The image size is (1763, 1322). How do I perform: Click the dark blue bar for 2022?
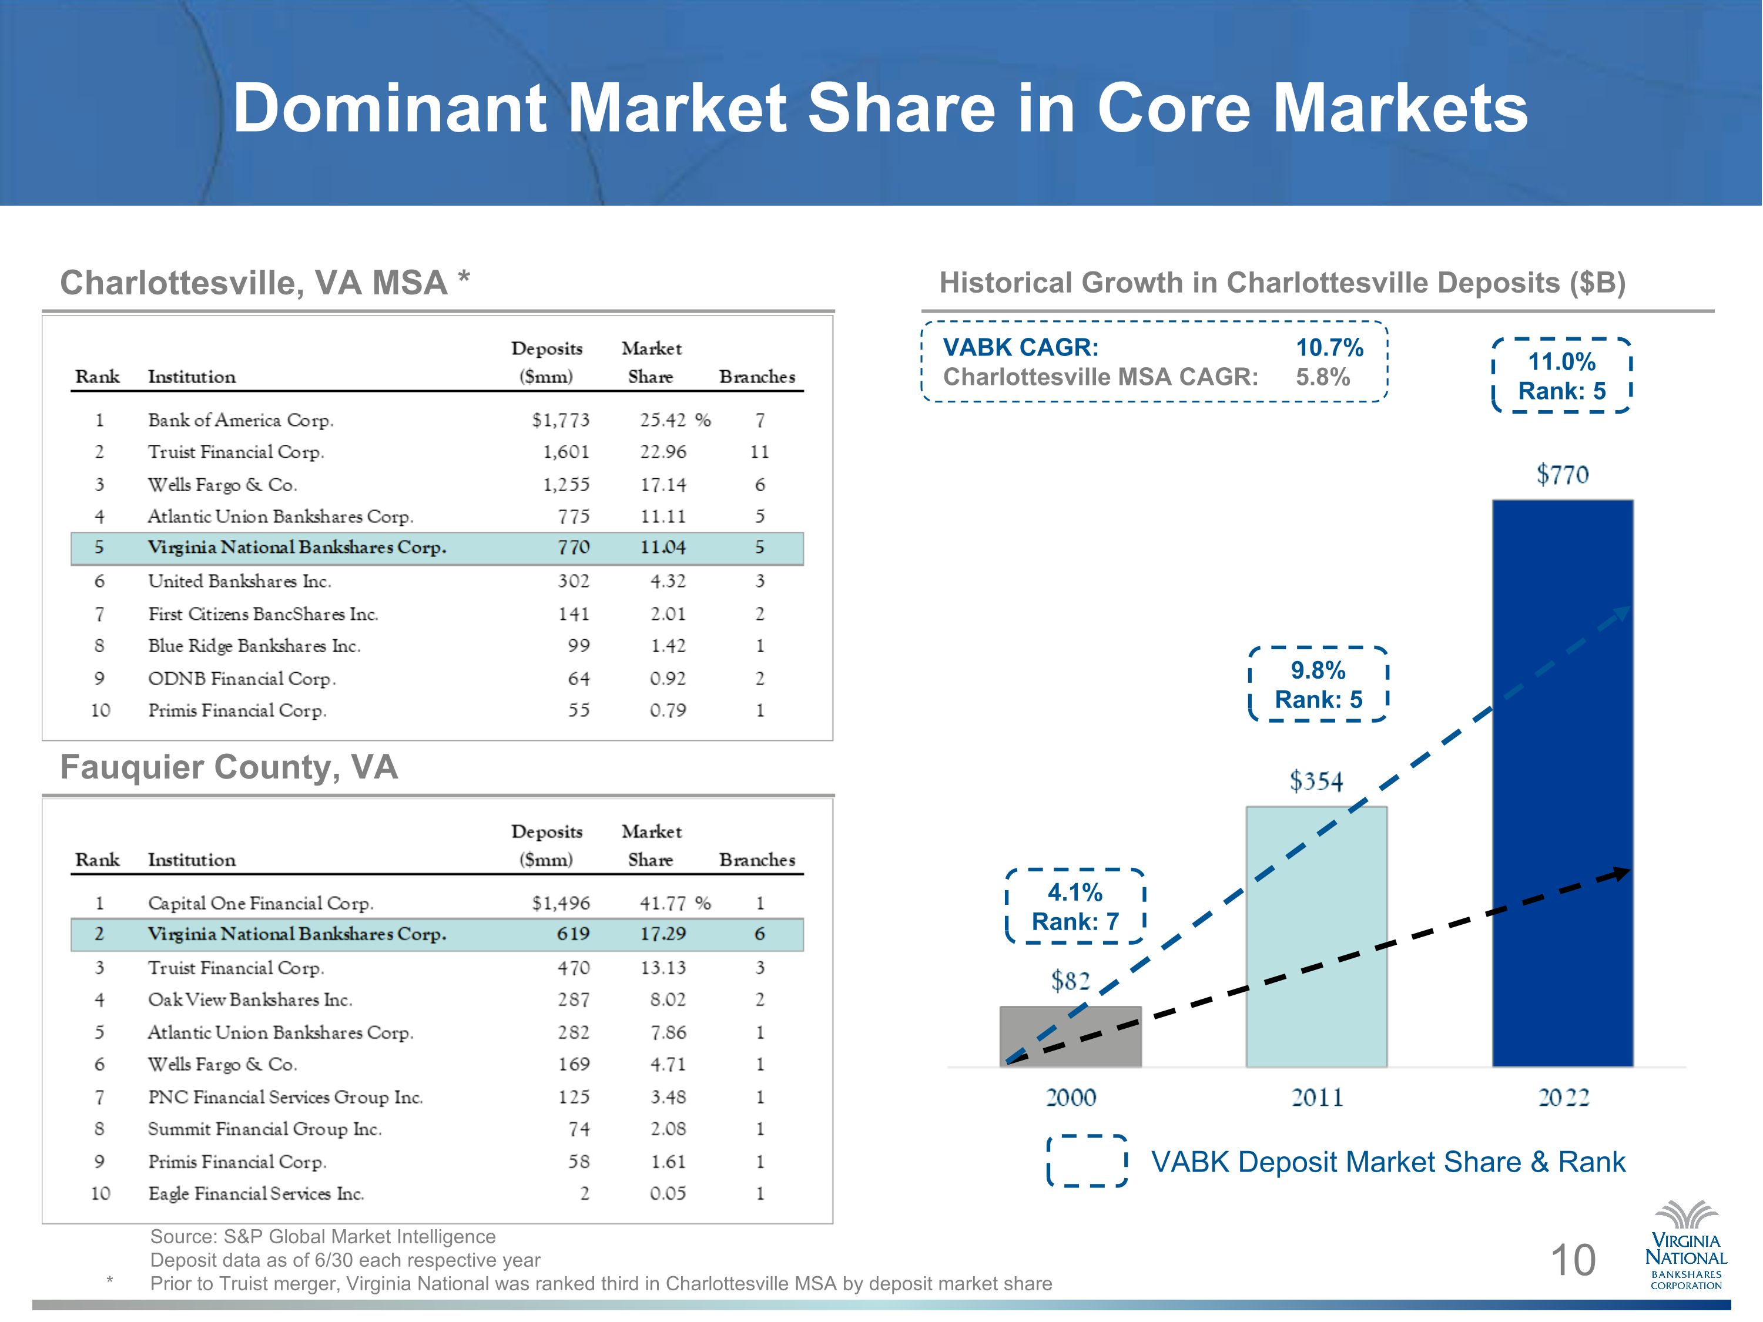1562,783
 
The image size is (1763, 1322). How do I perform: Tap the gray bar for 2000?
1070,1036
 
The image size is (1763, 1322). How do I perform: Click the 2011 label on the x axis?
1317,1098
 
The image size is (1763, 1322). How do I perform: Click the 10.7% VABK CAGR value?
1329,347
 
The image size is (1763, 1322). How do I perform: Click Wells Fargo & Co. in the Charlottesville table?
222,485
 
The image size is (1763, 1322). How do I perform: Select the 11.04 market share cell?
663,548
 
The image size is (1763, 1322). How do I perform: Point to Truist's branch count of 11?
759,452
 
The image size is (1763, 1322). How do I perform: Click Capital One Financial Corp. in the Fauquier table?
260,904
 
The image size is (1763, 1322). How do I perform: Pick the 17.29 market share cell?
663,934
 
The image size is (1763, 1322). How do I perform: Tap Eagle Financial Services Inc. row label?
256,1194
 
